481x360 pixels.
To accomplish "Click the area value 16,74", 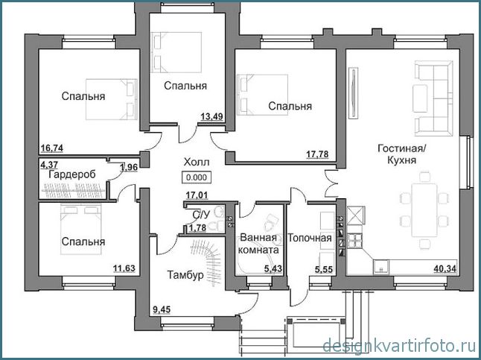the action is coord(52,148).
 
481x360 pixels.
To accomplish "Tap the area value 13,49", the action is coord(211,117).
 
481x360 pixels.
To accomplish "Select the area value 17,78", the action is coord(317,154).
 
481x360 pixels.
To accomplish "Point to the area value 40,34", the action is coord(445,269).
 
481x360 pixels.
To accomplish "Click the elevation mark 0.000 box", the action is coord(197,177).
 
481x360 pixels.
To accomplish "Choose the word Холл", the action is coord(197,162).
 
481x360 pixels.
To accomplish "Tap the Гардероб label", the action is coord(72,174).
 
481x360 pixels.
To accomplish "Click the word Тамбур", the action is coord(185,275).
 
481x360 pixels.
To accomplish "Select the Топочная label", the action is coord(310,238).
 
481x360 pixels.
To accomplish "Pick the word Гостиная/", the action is coord(401,148).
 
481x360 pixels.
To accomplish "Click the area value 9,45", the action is coord(162,309).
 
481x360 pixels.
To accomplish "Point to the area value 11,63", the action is coord(124,268).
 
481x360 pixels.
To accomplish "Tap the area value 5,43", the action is coord(273,269).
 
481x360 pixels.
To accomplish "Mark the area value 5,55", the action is coord(324,269).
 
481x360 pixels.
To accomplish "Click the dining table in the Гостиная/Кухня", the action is coord(424,209).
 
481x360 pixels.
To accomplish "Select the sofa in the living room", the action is coord(434,98).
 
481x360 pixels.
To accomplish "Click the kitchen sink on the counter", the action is coord(381,266).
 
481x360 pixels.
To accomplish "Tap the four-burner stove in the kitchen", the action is coord(355,240).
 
